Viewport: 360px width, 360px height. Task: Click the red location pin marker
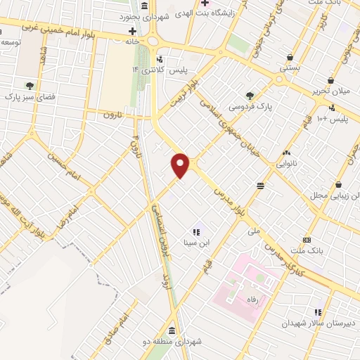click(181, 165)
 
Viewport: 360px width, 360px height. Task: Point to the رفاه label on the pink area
click(251, 299)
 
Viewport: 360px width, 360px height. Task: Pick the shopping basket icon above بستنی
click(291, 58)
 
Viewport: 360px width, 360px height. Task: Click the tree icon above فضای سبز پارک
click(29, 86)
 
